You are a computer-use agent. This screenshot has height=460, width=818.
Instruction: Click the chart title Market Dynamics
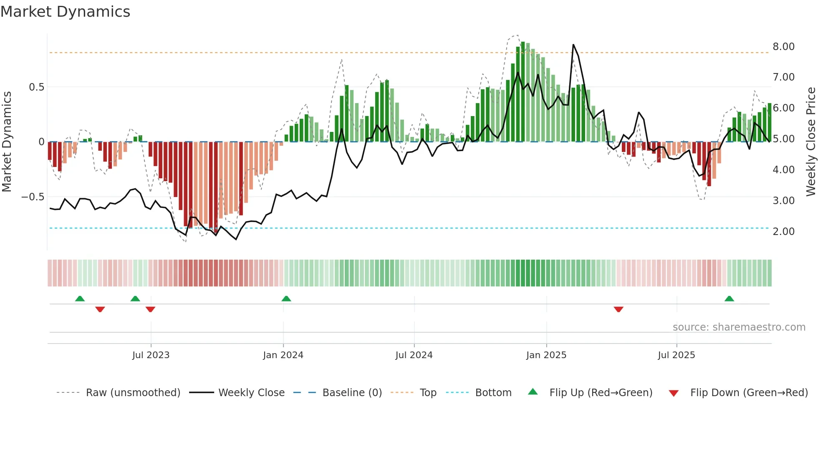(66, 12)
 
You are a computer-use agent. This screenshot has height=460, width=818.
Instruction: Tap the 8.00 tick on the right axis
(783, 47)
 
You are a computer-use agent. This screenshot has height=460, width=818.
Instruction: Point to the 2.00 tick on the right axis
(783, 232)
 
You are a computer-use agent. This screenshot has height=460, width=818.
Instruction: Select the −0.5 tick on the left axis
(33, 197)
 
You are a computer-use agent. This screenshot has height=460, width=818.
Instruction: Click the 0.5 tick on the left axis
(36, 87)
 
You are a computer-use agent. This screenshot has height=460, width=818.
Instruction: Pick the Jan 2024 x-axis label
(283, 355)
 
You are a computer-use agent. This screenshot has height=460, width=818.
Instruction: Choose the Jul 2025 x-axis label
(676, 355)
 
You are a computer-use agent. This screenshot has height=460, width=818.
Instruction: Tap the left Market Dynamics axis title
(7, 142)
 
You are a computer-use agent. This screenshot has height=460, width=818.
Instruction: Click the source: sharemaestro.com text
(739, 327)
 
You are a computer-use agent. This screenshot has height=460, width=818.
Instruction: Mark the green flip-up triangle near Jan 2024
(286, 299)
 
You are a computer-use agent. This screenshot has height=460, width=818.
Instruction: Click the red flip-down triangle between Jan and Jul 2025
(619, 309)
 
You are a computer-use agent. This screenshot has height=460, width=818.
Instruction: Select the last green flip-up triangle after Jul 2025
(729, 299)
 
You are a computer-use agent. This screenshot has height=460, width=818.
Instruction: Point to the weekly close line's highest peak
(573, 45)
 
